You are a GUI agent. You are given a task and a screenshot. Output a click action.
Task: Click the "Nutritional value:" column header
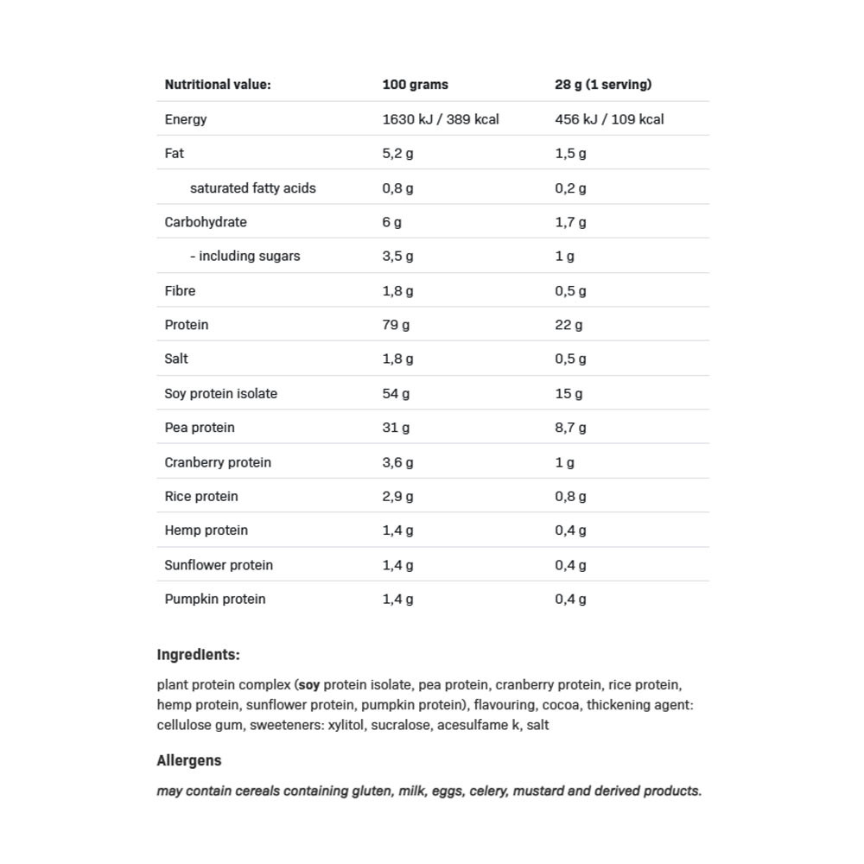click(218, 85)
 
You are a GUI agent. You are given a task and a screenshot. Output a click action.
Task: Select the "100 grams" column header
click(415, 85)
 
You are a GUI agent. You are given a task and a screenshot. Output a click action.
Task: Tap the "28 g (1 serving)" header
click(603, 85)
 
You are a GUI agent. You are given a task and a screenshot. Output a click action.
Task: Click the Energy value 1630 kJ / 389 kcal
click(441, 119)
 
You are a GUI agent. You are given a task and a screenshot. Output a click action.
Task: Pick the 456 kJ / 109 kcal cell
click(609, 119)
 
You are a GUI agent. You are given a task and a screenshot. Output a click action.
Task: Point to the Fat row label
click(175, 153)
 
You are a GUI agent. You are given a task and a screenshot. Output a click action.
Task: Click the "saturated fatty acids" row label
click(252, 187)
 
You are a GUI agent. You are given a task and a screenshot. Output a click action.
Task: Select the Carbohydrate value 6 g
click(392, 222)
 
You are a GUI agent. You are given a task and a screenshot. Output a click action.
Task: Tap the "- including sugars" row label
click(245, 256)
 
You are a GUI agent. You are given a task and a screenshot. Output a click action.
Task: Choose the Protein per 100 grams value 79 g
click(396, 325)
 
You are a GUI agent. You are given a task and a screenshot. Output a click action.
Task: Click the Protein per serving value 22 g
click(569, 325)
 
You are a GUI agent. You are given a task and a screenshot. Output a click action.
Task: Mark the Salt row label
click(176, 359)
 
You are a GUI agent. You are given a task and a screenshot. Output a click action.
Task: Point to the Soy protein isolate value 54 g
click(396, 393)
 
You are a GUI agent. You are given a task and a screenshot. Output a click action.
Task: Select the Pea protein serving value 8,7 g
click(570, 428)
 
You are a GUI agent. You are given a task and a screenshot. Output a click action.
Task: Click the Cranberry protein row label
click(218, 462)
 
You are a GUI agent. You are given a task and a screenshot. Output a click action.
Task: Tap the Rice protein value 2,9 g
click(397, 496)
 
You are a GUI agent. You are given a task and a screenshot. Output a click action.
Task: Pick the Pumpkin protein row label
click(215, 599)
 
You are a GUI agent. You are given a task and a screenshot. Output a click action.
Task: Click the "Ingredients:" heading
click(198, 655)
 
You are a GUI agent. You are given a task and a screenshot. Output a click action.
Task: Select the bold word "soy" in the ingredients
click(308, 685)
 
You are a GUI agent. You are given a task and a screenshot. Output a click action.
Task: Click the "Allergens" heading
click(189, 760)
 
